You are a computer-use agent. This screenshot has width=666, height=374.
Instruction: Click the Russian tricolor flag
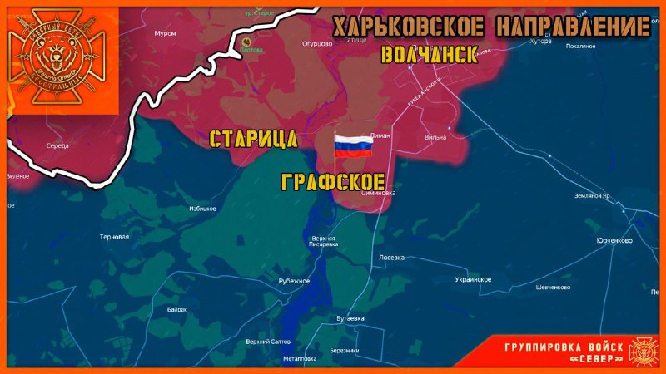pos(352,145)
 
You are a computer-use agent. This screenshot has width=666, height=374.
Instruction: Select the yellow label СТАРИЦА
pos(253,138)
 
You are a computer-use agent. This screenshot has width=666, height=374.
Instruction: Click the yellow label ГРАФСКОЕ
pos(333,182)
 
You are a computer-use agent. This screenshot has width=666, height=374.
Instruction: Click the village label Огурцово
pos(318,43)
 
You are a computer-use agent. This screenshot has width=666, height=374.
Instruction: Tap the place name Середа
pos(57,145)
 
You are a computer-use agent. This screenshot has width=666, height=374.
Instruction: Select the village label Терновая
pos(114,237)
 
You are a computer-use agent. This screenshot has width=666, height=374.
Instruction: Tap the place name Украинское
pos(473,279)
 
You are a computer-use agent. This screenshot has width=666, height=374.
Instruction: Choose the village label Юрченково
pos(614,240)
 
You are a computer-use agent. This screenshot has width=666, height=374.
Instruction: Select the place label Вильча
pos(435,137)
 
